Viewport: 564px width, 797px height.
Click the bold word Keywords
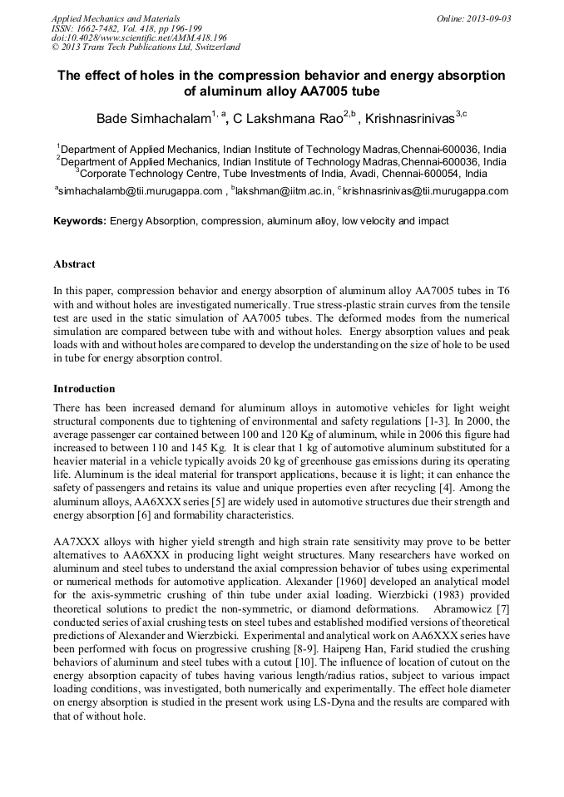click(80, 222)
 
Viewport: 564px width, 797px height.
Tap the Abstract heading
click(74, 264)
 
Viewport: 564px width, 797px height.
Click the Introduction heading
click(84, 388)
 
